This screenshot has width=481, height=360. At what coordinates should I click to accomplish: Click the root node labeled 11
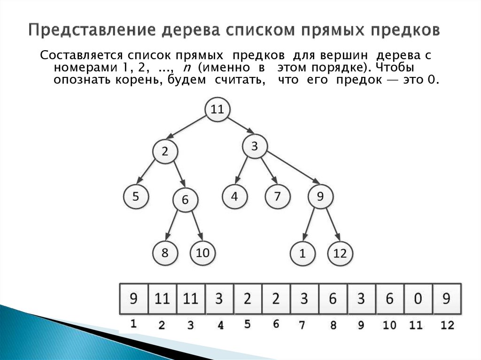click(x=217, y=110)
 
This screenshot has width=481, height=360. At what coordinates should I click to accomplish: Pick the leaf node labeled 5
click(x=136, y=196)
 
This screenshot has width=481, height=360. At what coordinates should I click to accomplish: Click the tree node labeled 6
click(x=185, y=200)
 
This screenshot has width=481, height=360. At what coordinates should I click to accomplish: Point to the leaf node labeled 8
click(x=165, y=253)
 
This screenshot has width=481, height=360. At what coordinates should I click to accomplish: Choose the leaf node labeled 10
click(x=202, y=253)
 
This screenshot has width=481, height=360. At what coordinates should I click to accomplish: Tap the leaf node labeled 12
click(x=340, y=254)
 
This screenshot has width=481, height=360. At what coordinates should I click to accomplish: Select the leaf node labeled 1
click(x=303, y=254)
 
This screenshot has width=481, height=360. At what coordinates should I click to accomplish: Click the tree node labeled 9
click(x=320, y=196)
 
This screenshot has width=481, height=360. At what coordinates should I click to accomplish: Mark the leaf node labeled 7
click(x=277, y=196)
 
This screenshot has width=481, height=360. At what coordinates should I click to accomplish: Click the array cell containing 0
click(x=418, y=299)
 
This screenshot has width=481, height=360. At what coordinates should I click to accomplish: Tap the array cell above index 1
click(x=134, y=299)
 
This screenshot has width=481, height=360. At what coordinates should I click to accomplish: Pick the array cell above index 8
click(x=333, y=299)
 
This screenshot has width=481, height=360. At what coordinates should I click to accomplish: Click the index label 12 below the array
click(x=447, y=325)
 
